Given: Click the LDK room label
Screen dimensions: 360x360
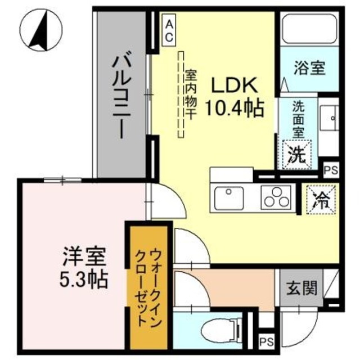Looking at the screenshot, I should [x=234, y=85].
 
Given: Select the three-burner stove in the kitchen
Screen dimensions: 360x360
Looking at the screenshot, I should [x=276, y=197].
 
